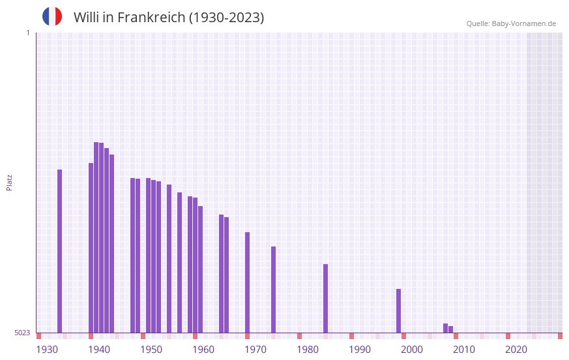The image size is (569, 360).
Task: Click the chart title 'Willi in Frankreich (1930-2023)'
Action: [169, 18]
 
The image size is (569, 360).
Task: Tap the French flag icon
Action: [52, 16]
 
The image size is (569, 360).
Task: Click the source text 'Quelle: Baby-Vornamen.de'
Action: [511, 23]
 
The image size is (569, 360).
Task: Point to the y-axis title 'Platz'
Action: [9, 182]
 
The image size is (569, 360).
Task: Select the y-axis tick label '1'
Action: [27, 33]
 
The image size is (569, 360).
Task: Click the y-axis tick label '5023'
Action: [22, 333]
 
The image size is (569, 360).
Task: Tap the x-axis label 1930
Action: [47, 350]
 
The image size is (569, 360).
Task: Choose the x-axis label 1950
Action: [151, 350]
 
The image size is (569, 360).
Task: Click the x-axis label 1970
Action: [255, 350]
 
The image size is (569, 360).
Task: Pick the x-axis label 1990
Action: [360, 350]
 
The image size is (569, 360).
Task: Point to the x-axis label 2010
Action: [464, 350]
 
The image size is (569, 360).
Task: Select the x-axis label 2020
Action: [516, 350]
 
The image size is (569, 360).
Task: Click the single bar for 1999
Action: [399, 310]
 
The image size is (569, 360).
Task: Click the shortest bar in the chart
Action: [451, 329]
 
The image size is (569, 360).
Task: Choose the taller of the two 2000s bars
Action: [446, 328]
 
